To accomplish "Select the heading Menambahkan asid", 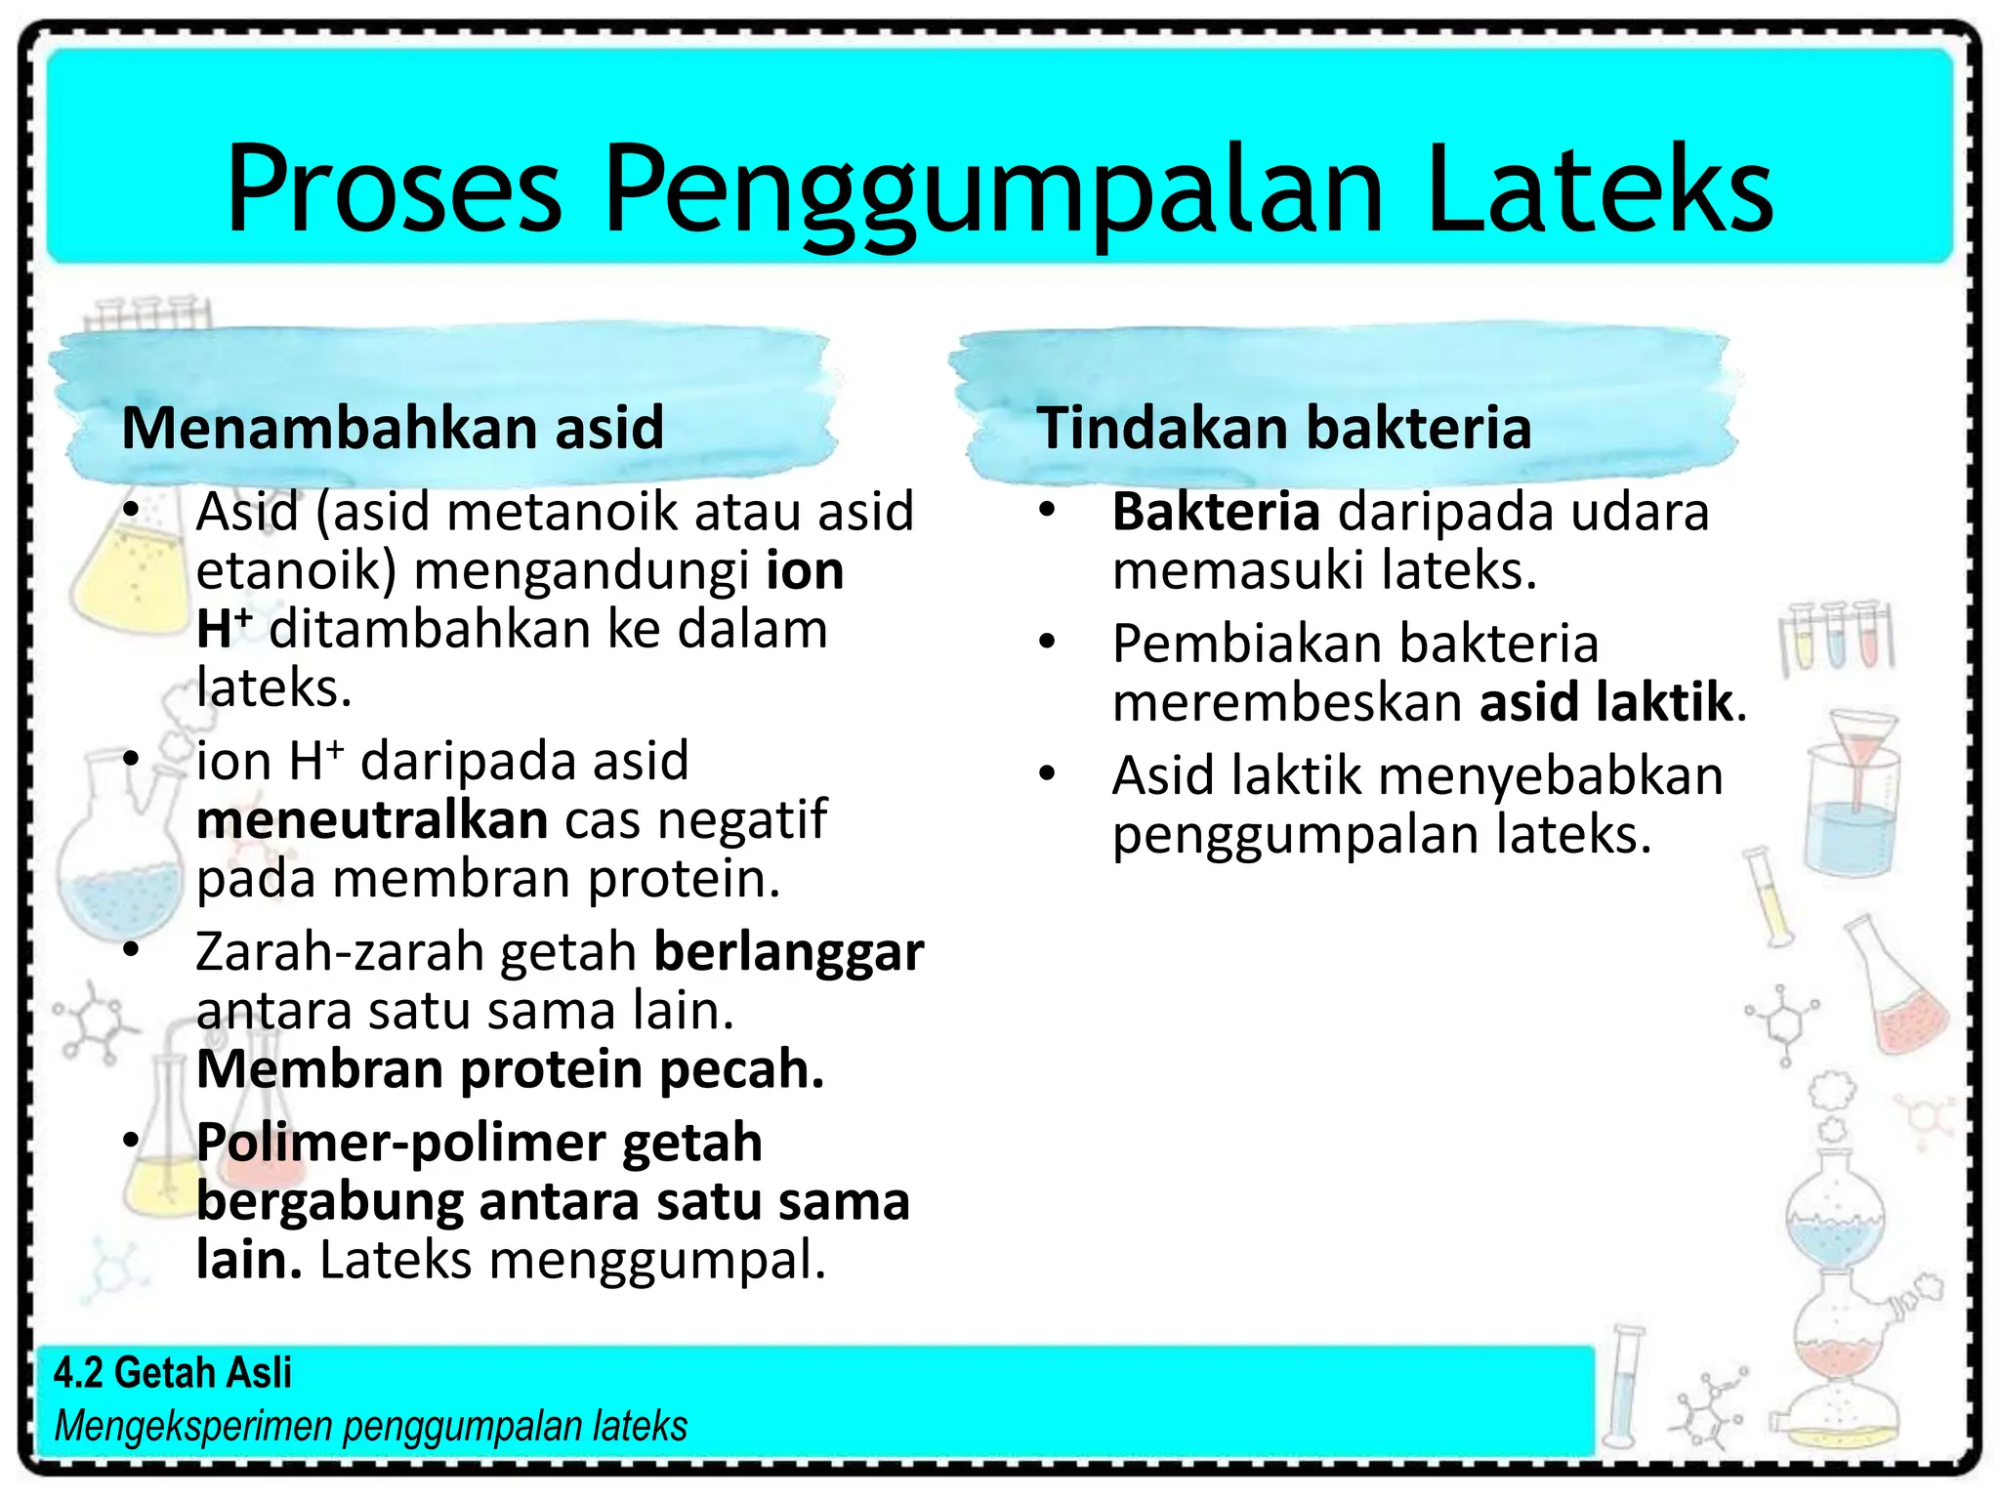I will (393, 428).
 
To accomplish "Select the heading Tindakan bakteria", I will (1283, 428).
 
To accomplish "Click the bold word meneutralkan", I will (371, 819).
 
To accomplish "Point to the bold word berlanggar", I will (788, 951).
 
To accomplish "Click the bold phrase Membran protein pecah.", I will (510, 1069).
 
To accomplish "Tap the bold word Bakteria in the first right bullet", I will (1216, 512).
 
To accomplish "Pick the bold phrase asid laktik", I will (1606, 702).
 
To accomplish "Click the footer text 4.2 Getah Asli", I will (173, 1372).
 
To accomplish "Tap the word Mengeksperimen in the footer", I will (193, 1426).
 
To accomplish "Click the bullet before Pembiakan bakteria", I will (1048, 643).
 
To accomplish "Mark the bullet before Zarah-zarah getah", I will (131, 950).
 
